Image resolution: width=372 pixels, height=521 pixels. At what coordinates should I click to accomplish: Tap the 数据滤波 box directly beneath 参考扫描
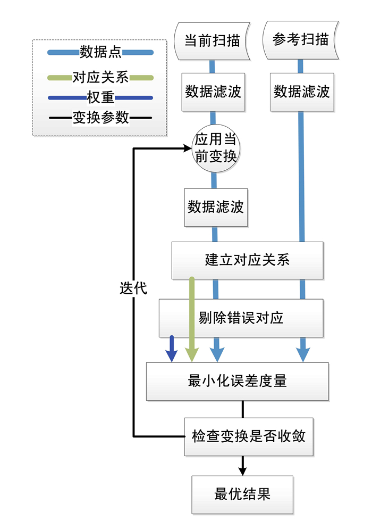(301, 92)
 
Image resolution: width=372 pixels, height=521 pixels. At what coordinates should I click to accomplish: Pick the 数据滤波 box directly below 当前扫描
(213, 92)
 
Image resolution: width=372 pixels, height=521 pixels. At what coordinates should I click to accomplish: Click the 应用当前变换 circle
(215, 148)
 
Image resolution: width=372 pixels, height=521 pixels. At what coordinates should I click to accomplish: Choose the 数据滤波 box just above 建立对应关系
(215, 207)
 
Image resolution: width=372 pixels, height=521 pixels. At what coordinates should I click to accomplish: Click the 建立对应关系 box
(247, 260)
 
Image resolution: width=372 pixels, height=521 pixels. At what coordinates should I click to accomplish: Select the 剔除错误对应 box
(241, 318)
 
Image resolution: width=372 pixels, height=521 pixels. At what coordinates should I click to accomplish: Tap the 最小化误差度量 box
(237, 381)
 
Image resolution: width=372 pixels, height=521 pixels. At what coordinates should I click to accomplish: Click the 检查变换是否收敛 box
(248, 436)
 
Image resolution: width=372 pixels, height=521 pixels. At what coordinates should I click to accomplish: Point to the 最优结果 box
(242, 494)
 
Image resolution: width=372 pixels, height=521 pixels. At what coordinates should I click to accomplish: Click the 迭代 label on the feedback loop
(133, 288)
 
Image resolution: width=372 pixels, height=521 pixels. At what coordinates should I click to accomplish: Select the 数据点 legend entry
(100, 52)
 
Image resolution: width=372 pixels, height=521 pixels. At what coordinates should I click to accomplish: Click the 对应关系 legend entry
(100, 78)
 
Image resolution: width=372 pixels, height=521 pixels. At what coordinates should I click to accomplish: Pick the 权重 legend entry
(100, 98)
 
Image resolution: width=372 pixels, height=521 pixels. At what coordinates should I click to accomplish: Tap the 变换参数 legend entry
(100, 118)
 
